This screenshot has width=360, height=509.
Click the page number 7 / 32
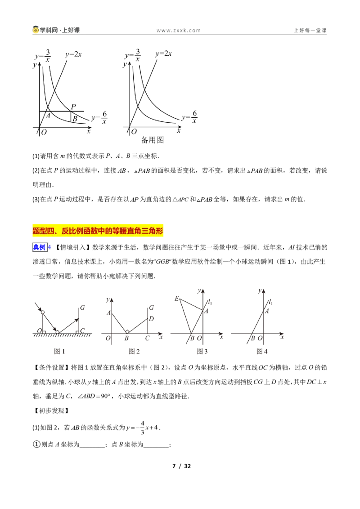(x=181, y=466)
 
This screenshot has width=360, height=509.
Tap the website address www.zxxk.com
(x=178, y=31)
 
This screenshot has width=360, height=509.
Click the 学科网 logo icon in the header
(x=36, y=30)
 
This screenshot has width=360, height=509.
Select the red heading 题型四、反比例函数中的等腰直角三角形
(x=98, y=231)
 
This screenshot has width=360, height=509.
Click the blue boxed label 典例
(x=39, y=247)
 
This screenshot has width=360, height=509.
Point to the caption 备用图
(x=153, y=140)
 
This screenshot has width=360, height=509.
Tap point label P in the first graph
(x=73, y=107)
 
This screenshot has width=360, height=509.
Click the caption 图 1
(x=59, y=351)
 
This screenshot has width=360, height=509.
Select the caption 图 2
(x=134, y=351)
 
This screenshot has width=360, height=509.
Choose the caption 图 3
(x=202, y=351)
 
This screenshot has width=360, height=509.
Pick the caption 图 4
(x=262, y=351)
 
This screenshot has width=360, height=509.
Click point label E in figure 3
(x=177, y=299)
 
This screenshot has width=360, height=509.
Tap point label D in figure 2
(x=151, y=319)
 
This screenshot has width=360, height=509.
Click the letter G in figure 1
(x=82, y=308)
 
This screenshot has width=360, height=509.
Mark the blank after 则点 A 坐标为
(x=92, y=446)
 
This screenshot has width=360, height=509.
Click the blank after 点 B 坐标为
(x=156, y=446)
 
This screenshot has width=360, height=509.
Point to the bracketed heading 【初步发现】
(x=51, y=411)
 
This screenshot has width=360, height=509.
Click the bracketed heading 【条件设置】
(x=51, y=367)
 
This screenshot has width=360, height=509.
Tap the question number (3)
(x=36, y=199)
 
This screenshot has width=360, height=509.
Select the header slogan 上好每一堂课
(x=310, y=31)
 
